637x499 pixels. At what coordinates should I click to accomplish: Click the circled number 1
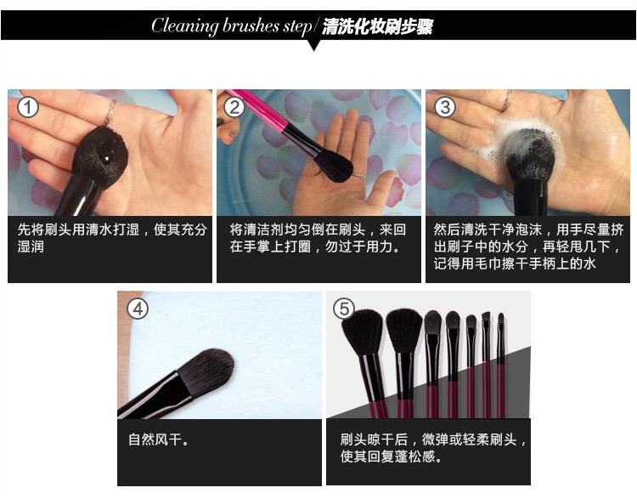(x=28, y=108)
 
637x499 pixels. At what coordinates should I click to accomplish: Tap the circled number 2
(x=234, y=108)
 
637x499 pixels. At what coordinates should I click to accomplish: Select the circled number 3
(x=445, y=107)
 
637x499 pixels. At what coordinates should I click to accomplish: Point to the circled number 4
(x=138, y=309)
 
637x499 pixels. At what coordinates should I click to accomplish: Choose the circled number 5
(x=344, y=309)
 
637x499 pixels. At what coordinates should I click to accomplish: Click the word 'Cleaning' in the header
(x=185, y=26)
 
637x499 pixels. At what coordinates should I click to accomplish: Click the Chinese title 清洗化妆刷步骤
(x=377, y=27)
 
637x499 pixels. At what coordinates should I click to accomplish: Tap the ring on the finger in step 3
(x=506, y=100)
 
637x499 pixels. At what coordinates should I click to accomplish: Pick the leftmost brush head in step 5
(x=363, y=332)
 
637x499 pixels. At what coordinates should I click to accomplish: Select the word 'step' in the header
(x=297, y=27)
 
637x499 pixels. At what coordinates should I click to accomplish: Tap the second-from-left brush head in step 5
(x=403, y=331)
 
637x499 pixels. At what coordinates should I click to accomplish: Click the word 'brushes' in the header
(x=251, y=26)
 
